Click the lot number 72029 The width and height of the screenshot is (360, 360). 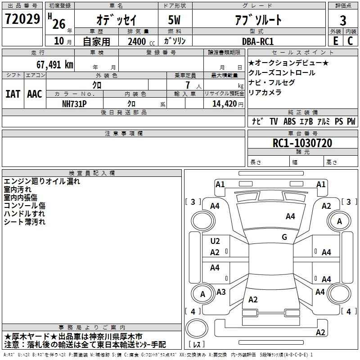(x=22, y=19)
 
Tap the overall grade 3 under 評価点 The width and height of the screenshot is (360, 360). (x=343, y=21)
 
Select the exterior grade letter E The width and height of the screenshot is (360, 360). (x=336, y=41)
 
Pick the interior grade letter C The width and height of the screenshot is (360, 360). (x=351, y=41)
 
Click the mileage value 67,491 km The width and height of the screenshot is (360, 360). (x=54, y=64)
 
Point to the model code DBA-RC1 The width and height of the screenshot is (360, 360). (x=258, y=41)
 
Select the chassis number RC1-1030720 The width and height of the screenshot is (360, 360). (x=302, y=143)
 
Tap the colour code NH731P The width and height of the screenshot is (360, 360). (x=74, y=104)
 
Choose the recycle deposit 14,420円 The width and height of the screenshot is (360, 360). (x=228, y=104)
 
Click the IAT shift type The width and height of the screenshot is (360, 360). (x=13, y=94)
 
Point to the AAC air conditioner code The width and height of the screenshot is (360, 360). (x=35, y=94)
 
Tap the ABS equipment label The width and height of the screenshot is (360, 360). (x=289, y=121)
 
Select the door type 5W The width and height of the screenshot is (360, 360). (x=174, y=20)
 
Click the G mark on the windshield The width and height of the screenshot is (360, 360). (x=284, y=237)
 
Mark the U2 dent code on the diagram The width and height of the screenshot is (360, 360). (x=215, y=241)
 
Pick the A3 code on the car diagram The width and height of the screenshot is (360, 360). (x=221, y=292)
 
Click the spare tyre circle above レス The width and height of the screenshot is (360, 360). (x=197, y=328)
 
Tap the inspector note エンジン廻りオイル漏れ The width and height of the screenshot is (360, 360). (x=42, y=181)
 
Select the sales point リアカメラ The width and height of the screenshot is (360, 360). (x=265, y=92)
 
